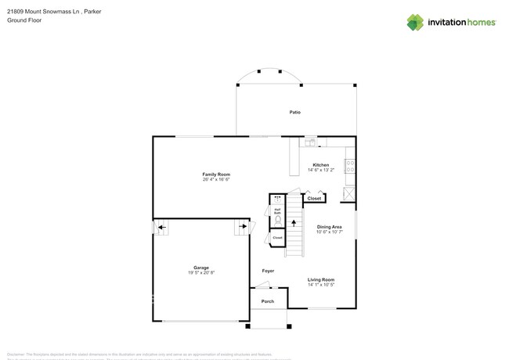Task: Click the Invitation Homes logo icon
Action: coord(415,23)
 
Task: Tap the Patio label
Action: coord(295,112)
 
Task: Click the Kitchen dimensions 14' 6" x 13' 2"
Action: coord(321,170)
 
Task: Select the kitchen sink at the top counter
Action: coord(310,142)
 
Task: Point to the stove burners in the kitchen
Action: coord(350,166)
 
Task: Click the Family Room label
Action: coord(216,175)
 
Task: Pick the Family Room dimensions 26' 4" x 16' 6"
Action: coord(216,180)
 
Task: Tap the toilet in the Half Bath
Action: coord(277,221)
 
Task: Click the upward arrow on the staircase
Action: coord(294,223)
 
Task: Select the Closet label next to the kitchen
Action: coord(314,199)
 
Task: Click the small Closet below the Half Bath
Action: coord(277,237)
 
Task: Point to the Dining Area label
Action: coord(329,227)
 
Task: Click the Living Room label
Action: coord(321,279)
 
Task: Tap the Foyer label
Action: coord(268,271)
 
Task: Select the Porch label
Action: coord(268,301)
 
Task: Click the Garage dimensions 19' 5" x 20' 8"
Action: coord(201,273)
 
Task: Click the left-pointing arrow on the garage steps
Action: coord(161,229)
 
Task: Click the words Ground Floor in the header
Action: coord(24,20)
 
